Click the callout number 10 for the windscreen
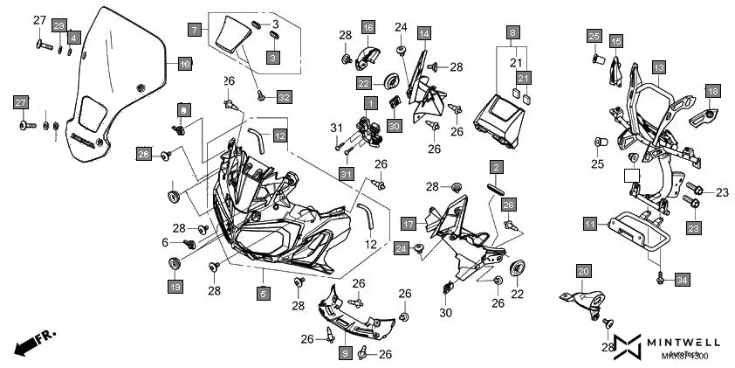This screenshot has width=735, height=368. click(185, 64)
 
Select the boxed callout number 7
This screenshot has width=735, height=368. click(194, 30)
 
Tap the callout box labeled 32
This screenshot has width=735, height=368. click(285, 96)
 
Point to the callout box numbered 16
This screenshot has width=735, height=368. click(367, 28)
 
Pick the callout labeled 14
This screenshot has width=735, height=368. click(423, 34)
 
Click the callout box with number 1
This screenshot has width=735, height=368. click(370, 103)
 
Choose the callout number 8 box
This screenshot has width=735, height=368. click(513, 32)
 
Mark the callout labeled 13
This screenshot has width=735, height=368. click(658, 67)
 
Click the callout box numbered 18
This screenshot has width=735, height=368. click(713, 92)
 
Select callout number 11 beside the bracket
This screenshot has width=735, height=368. click(591, 225)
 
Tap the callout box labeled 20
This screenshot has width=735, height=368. click(584, 271)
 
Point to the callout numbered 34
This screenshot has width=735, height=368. click(682, 280)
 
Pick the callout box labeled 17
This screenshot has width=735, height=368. click(408, 224)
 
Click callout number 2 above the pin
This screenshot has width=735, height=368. click(495, 167)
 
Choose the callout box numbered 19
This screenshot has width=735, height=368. click(175, 287)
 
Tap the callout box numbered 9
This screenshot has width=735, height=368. click(345, 353)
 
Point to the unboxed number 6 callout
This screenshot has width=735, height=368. click(164, 242)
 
